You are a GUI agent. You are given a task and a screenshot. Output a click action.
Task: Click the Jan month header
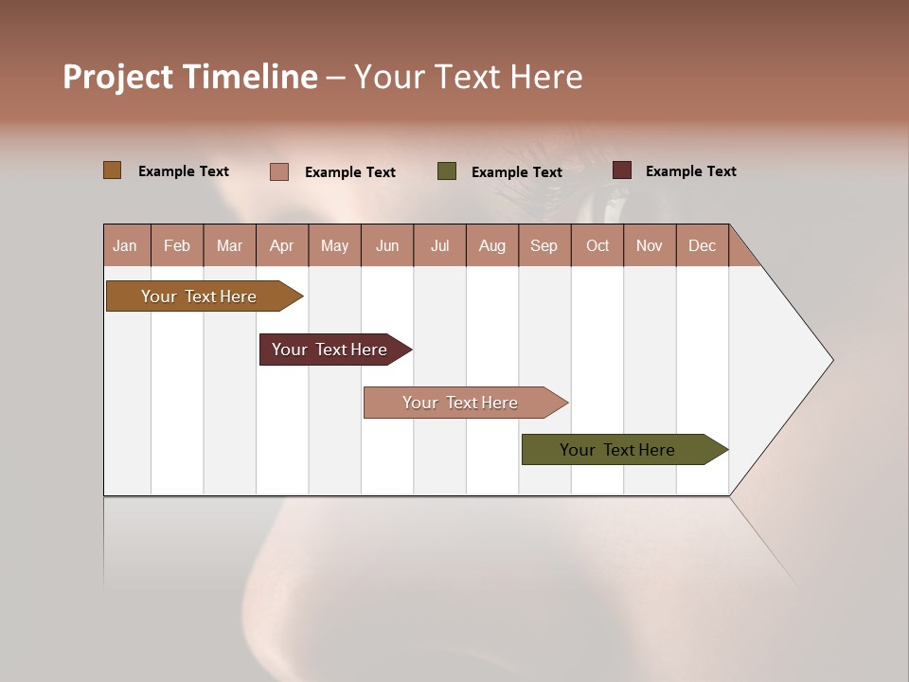point(125,245)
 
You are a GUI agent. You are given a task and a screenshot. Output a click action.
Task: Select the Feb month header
point(177,245)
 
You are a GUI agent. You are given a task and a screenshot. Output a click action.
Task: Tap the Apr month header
point(281,245)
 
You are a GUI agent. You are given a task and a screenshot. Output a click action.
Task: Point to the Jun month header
point(387,245)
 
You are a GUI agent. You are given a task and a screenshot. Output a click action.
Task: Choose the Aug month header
point(491,245)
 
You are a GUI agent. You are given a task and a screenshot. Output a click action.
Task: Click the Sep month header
point(544,245)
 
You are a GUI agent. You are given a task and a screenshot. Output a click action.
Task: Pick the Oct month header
point(597,245)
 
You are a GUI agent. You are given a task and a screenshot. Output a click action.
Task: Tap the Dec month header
point(702,245)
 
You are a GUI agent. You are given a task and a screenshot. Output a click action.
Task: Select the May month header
point(334,245)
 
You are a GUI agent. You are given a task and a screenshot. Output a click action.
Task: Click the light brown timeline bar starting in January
point(199,296)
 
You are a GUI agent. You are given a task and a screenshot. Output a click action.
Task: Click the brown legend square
point(112,170)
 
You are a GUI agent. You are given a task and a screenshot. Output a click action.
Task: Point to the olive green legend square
point(447,170)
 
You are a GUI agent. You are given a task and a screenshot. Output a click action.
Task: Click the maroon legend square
point(621,170)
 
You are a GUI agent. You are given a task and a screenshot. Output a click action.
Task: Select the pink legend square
point(278,171)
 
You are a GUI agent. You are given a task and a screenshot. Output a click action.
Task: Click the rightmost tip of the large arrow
point(831,360)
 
